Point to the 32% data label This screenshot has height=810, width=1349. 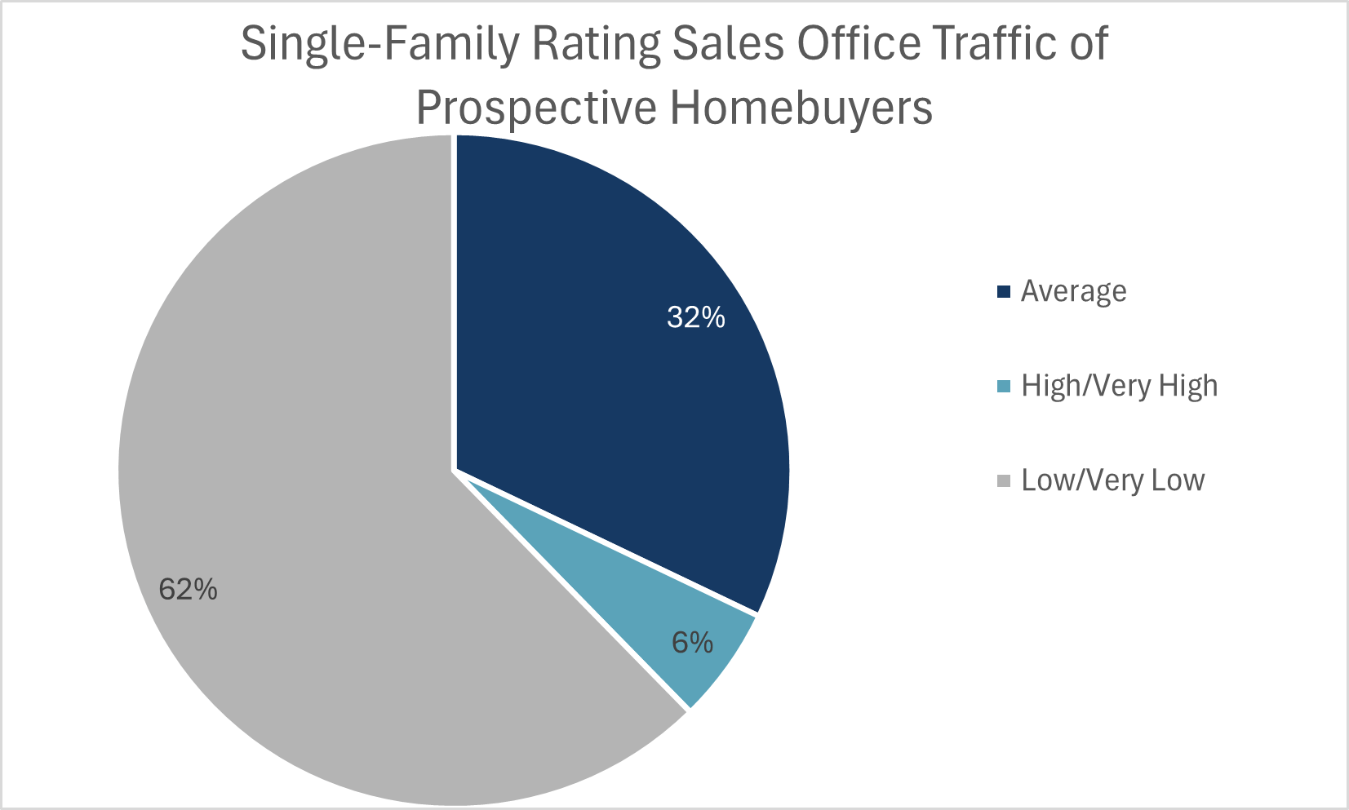tap(695, 317)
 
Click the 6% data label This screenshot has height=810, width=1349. tap(692, 643)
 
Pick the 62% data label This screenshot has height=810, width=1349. tap(188, 588)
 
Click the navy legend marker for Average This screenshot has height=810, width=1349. tap(1004, 291)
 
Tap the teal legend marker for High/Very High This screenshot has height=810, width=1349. tap(1004, 386)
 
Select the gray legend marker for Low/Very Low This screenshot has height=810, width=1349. tap(1004, 480)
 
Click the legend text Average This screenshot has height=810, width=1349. tap(1073, 291)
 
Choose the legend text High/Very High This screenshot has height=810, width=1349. tap(1119, 386)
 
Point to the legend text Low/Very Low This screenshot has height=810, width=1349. tap(1112, 480)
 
